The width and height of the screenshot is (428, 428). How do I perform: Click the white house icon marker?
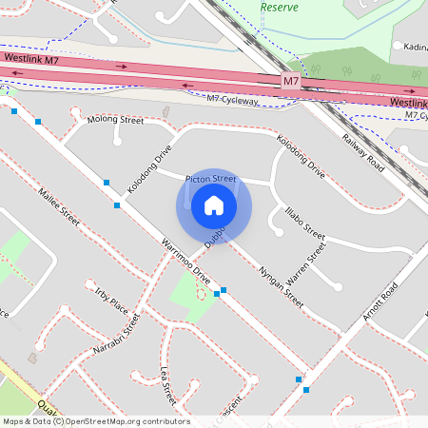214,204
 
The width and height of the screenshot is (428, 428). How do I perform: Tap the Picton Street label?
210,179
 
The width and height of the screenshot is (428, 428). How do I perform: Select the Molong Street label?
115,122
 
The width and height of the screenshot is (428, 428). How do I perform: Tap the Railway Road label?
362,151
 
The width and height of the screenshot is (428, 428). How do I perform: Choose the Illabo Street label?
304,224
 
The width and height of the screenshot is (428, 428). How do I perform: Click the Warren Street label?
306,264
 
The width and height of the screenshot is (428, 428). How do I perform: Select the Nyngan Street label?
281,285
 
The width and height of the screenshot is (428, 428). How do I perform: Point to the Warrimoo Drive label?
185,264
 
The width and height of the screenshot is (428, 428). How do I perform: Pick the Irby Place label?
111,295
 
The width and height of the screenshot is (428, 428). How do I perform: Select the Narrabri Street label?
117,337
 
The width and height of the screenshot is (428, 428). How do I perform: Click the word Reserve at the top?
280,7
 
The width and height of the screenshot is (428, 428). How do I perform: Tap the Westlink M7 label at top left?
32,58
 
